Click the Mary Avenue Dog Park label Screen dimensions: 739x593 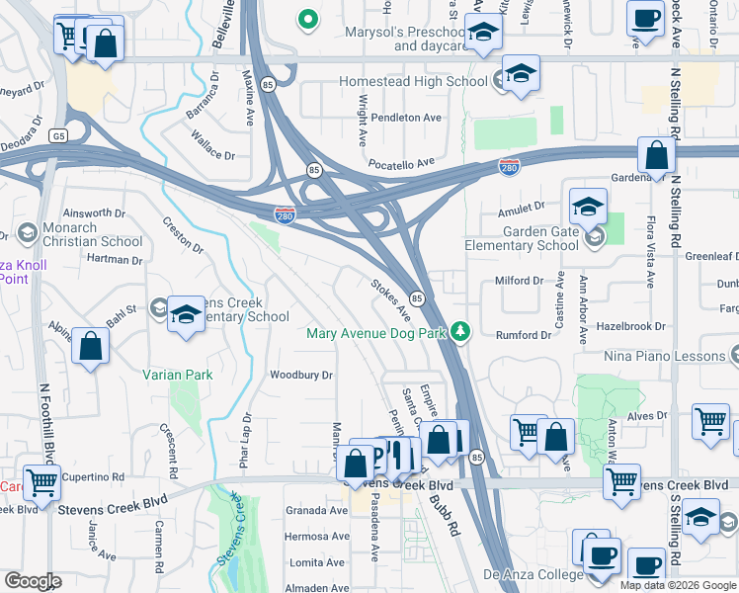tap(376, 333)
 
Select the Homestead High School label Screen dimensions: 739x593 tap(414, 82)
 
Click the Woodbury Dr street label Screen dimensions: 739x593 tap(301, 376)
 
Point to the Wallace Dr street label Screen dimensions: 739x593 tap(212, 155)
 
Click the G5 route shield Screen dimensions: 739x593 tap(61, 134)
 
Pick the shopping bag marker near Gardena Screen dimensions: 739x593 tap(656, 155)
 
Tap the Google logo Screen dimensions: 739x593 tap(34, 581)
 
